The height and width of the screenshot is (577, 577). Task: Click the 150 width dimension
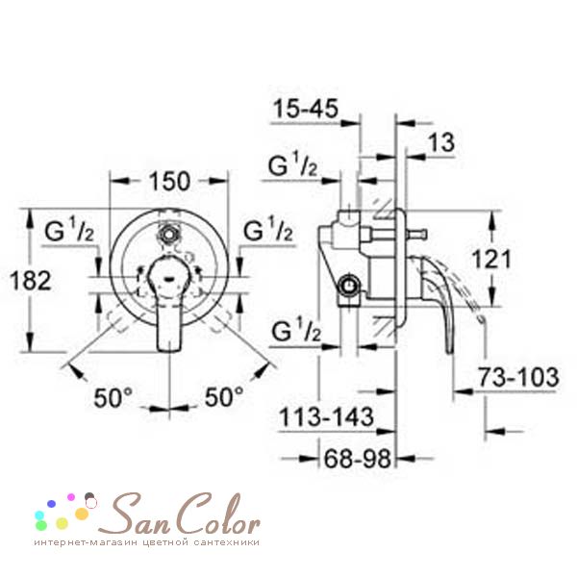pos(169,181)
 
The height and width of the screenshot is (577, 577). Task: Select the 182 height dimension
pos(30,281)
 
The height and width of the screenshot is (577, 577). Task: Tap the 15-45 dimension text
pos(306,109)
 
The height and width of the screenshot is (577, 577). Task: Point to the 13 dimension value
pos(441,142)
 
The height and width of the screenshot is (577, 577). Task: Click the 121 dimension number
pos(491,259)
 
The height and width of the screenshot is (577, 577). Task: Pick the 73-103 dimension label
pos(518,377)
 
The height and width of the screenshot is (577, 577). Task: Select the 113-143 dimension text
pos(326,417)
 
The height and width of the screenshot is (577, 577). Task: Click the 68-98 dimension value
pos(357,459)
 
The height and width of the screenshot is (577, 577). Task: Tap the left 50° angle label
pos(113,397)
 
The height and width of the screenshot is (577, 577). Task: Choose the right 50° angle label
pos(224,396)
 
